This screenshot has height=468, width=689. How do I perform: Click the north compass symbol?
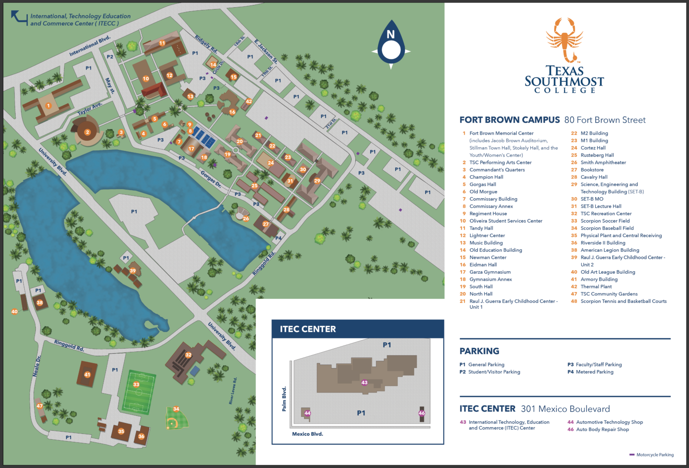391,45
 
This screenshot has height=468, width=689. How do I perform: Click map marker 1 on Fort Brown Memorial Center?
48,106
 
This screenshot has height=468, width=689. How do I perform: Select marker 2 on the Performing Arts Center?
87,132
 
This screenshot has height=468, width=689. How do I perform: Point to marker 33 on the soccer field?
136,384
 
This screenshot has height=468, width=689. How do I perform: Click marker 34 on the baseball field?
176,409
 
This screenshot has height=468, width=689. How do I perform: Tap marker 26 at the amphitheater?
246,219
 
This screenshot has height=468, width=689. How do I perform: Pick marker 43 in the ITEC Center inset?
364,383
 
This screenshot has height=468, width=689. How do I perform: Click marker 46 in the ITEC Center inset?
422,413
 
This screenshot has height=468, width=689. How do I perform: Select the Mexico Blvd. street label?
307,434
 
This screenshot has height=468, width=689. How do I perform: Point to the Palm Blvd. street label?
284,399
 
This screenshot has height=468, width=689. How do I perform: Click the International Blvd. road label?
90,46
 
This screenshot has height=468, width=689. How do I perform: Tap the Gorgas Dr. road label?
210,179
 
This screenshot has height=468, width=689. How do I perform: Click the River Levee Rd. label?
233,391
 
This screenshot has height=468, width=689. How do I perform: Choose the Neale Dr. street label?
37,366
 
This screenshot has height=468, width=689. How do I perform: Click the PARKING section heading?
479,351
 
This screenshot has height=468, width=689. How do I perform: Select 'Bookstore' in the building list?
592,170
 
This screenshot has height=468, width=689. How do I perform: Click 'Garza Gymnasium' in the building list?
490,272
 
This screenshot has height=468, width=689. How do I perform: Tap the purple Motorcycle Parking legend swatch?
632,455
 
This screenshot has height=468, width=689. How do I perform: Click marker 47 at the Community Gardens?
39,406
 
